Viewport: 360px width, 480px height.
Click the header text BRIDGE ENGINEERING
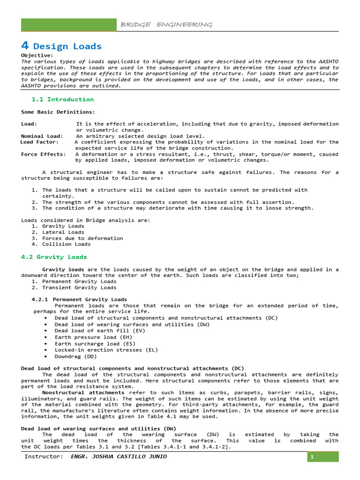[x=166, y=25]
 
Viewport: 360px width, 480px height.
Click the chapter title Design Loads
[x=67, y=46]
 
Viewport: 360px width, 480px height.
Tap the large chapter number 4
[x=25, y=45]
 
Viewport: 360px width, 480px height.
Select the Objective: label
[x=37, y=55]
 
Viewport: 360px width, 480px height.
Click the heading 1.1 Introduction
[x=62, y=99]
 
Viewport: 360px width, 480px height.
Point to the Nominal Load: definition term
[x=42, y=136]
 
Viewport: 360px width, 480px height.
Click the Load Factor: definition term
[x=40, y=142]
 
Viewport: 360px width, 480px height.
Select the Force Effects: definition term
[x=43, y=154]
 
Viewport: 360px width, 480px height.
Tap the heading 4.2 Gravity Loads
[x=54, y=257]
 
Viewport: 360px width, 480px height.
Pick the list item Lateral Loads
[x=63, y=232]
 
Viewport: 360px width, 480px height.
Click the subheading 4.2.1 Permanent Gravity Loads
[x=79, y=300]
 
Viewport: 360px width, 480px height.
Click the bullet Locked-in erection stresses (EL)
[x=106, y=350]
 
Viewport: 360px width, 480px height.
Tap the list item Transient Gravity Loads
[x=79, y=288]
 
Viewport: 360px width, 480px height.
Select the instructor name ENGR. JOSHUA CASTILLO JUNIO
[x=118, y=457]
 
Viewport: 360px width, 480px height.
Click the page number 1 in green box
[x=323, y=457]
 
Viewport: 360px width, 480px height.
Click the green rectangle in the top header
[x=69, y=25]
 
